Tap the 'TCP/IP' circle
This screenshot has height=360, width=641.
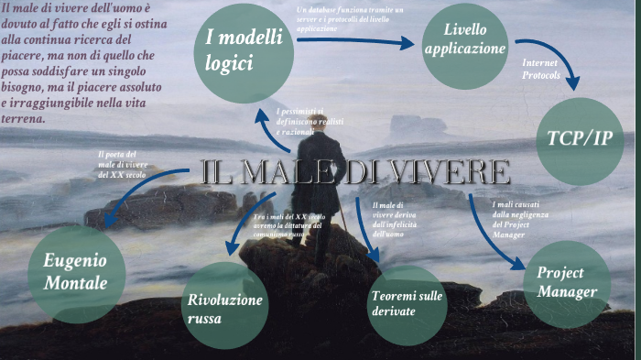579,139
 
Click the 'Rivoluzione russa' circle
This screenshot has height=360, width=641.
225,307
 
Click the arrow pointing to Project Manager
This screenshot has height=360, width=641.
499,244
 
